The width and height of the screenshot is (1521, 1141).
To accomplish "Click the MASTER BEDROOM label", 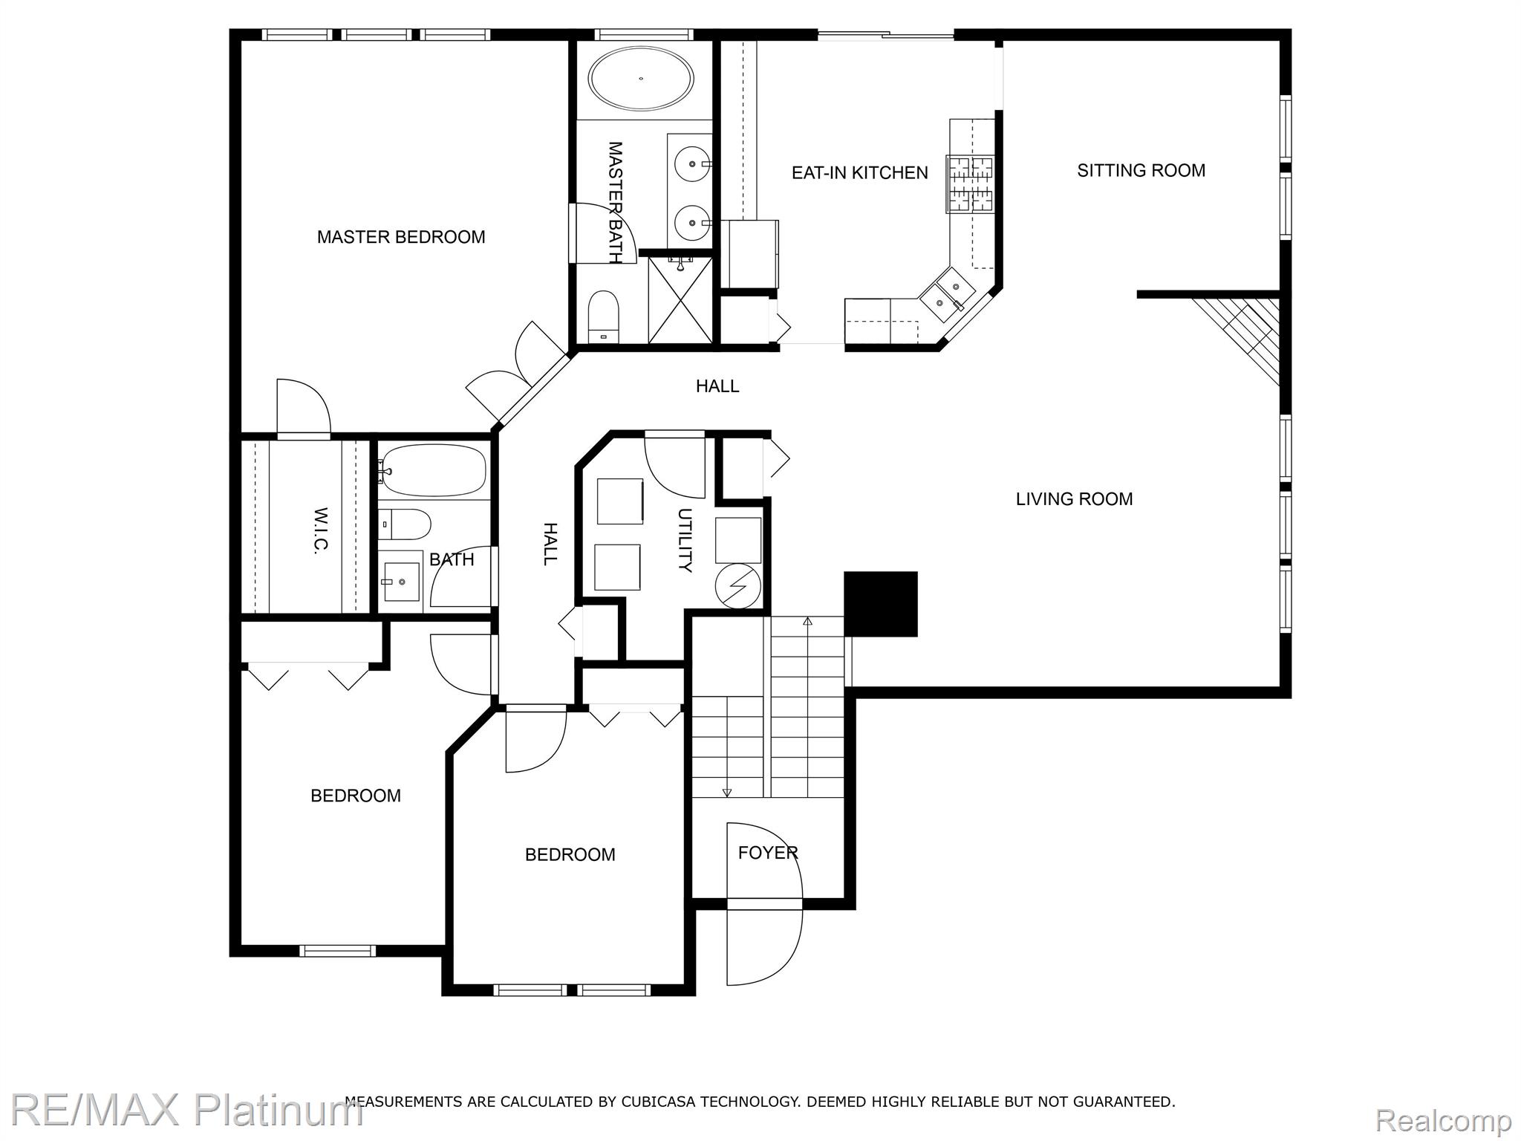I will pos(401,237).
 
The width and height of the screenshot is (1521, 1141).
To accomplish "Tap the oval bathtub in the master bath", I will pos(641,79).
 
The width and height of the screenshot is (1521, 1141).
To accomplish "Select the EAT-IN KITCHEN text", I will pos(859,173).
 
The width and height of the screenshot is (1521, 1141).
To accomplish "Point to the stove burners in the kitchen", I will pos(970,183).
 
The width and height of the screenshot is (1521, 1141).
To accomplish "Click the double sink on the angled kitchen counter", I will pos(944,293).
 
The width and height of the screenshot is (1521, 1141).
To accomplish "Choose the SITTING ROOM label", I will pos(1141,171).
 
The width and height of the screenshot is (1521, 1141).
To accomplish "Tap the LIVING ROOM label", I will pos(1074,499).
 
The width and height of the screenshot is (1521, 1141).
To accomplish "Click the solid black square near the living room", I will pos(881,604).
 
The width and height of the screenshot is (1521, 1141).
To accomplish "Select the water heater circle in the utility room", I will pos(738,587).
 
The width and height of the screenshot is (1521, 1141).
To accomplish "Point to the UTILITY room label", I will pos(685,540).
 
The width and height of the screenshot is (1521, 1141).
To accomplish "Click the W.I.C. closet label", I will pos(320,530).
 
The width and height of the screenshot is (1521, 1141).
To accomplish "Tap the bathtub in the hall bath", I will pos(433,470).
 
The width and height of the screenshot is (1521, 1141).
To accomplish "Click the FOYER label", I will pos(768,853).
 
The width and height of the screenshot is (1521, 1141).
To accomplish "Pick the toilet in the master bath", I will pos(604,316).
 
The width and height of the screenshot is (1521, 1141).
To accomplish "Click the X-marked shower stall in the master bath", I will pos(680,301).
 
